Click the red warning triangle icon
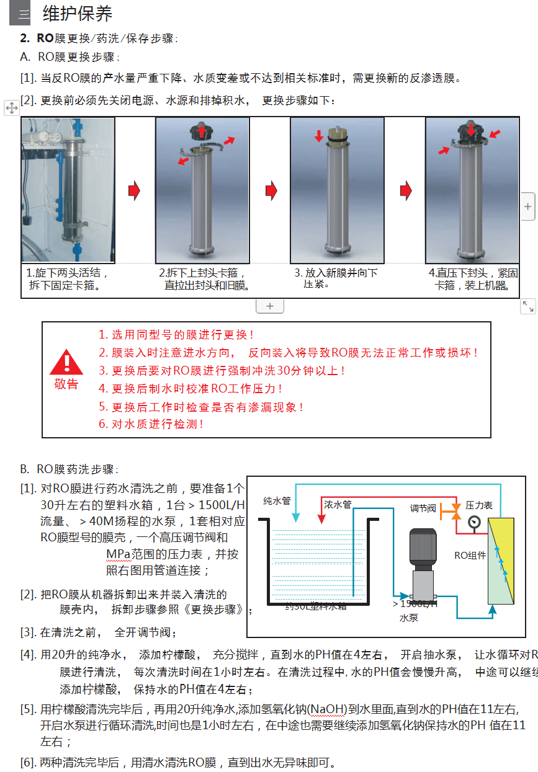pos(66,363)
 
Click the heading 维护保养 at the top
pos(78,14)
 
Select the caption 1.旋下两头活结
pos(68,273)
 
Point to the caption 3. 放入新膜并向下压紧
pos(336,278)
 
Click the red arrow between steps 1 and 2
pos(134,191)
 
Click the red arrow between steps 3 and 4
pos(405,191)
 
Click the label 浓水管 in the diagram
pos(338,505)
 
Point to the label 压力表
pos(479,505)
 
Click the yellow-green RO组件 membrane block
pos(501,561)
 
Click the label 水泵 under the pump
pos(408,618)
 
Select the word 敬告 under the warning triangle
pos(66,384)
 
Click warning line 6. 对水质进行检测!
pos(151,425)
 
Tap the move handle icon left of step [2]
pos(11,108)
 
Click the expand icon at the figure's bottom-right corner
pos(527,306)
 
